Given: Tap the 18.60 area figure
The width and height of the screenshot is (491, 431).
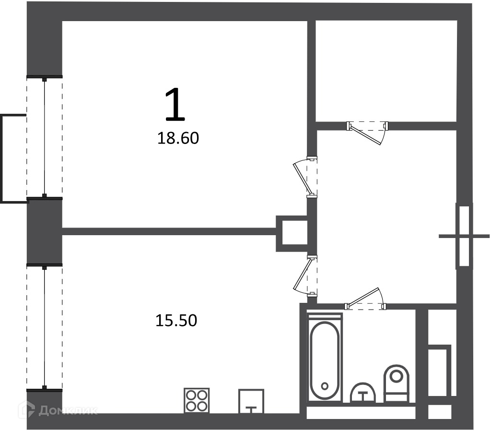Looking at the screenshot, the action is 178,138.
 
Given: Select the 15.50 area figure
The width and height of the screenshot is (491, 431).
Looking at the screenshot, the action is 176,321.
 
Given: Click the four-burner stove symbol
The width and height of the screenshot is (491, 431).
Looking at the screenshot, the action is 197,400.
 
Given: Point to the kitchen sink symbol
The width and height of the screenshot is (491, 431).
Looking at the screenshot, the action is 251,401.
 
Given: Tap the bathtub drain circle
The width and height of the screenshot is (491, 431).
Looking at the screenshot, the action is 325,385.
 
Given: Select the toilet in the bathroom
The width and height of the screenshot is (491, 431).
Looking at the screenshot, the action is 397,383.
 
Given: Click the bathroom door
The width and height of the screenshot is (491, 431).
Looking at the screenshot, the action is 366,298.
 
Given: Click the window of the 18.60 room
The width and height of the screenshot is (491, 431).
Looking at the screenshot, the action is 45,138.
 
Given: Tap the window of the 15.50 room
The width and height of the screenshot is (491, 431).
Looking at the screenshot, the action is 45,327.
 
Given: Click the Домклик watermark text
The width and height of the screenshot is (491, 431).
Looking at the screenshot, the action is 68,410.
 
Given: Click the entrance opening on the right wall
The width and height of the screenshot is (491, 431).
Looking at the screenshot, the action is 464,236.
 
